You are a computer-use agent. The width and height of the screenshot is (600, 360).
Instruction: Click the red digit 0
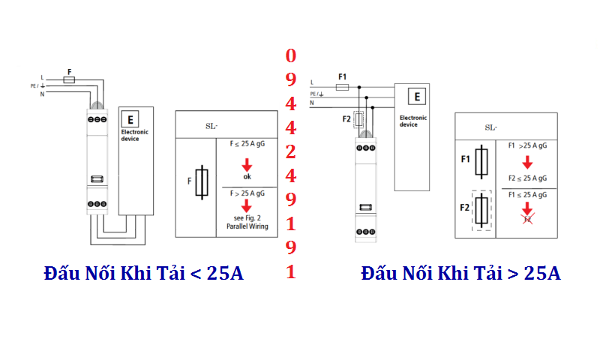[x=291, y=55]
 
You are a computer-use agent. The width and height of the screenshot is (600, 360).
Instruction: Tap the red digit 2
[x=291, y=151]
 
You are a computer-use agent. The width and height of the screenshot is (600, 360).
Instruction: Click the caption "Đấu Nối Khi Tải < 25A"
[x=143, y=273]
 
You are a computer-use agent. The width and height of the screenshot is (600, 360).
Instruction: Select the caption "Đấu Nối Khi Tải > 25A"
[x=460, y=273]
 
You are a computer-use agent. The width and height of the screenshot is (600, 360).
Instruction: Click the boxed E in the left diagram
[x=130, y=119]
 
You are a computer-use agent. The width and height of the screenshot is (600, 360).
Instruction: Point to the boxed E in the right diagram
[x=417, y=96]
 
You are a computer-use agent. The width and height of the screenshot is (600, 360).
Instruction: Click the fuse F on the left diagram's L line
[x=70, y=78]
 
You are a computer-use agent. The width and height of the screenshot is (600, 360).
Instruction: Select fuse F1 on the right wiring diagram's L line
[x=342, y=87]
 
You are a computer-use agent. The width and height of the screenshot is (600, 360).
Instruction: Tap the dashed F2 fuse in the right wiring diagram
[x=358, y=118]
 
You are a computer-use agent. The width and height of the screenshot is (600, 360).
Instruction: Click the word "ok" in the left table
[x=247, y=176]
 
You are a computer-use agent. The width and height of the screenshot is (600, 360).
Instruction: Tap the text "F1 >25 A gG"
[x=526, y=145]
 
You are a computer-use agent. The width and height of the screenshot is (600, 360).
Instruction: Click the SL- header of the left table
[x=214, y=125]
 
